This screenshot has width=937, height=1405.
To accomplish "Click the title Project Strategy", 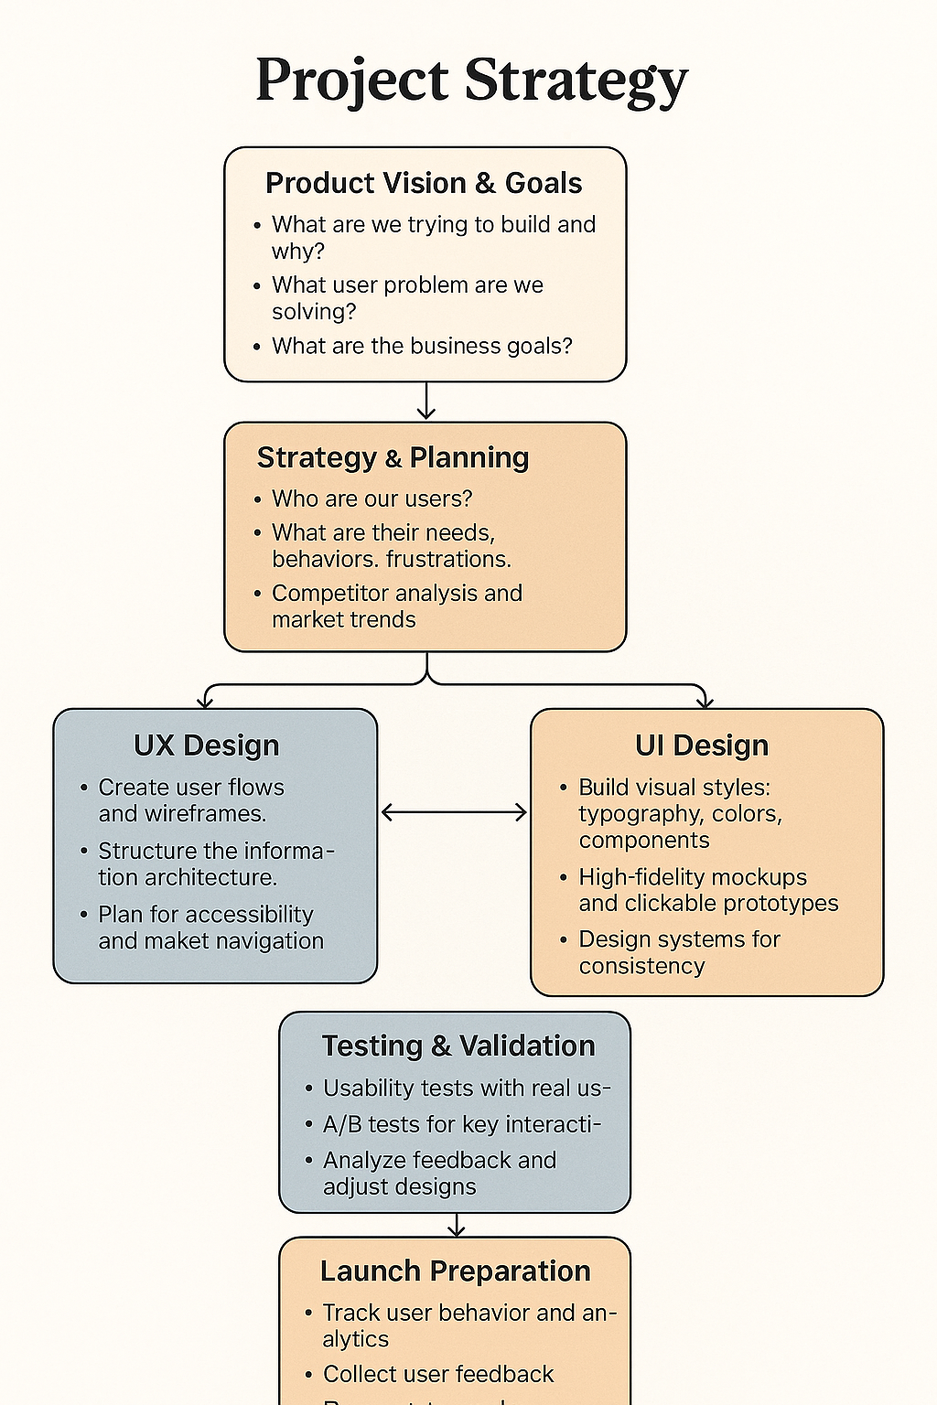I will click(x=471, y=80).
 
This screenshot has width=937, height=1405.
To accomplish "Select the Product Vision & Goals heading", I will click(x=424, y=183).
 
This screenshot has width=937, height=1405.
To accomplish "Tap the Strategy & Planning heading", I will click(x=393, y=457).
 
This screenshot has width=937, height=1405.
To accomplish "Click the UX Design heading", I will click(x=207, y=745).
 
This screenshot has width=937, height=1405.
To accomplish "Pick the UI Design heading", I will click(x=702, y=745).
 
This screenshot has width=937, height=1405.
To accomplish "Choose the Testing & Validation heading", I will click(x=458, y=1046).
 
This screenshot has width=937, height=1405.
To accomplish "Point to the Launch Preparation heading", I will click(x=455, y=1271).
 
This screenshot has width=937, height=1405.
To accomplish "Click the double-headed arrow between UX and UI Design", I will click(x=454, y=812).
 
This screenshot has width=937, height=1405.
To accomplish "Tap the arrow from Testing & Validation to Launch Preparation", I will click(x=456, y=1225).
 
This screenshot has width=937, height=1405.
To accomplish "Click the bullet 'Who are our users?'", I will click(x=372, y=499).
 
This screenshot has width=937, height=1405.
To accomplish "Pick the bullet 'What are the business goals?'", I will click(x=422, y=346).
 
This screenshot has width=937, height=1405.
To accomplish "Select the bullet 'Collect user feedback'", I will click(x=438, y=1374).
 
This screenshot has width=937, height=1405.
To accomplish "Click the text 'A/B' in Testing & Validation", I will click(x=342, y=1124).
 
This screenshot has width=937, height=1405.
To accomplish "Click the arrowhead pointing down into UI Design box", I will click(x=705, y=702).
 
